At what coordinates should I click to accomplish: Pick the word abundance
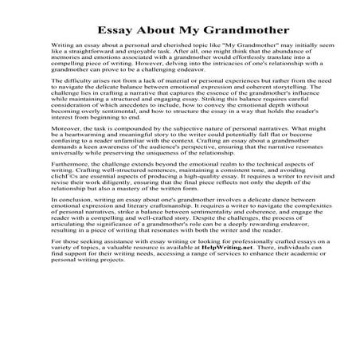(285, 59)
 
